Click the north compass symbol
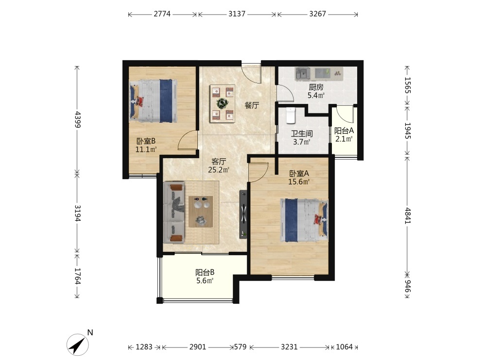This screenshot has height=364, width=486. (78, 344)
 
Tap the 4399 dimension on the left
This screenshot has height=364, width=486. (77, 119)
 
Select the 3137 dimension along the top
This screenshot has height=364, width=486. (237, 14)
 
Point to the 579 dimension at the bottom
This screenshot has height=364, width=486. (240, 347)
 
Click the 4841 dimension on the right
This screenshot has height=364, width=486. (408, 215)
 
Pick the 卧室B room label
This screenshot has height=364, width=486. (146, 141)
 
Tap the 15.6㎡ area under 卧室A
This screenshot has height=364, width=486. (299, 182)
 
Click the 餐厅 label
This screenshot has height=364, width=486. (252, 105)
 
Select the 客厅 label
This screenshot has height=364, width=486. (219, 162)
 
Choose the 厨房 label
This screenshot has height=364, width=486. (316, 87)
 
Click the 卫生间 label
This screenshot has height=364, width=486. (302, 134)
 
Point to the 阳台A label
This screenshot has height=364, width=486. (344, 131)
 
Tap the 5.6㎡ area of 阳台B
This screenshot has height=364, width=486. (205, 281)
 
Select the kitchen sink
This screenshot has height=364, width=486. (303, 74)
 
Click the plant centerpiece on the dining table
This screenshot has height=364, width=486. (222, 103)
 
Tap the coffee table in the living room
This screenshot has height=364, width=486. (201, 212)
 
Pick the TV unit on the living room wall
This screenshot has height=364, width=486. (243, 215)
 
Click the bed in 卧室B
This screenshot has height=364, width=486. (153, 101)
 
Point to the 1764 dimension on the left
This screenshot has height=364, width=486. (77, 276)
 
